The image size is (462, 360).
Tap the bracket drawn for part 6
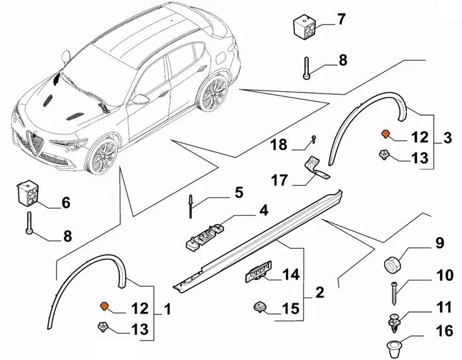coord(28,192)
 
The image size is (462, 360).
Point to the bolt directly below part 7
coord(306,67)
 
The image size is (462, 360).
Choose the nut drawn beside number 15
coord(259,307)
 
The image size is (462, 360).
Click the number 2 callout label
coord(320,292)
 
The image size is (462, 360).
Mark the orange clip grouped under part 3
coord(384,134)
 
